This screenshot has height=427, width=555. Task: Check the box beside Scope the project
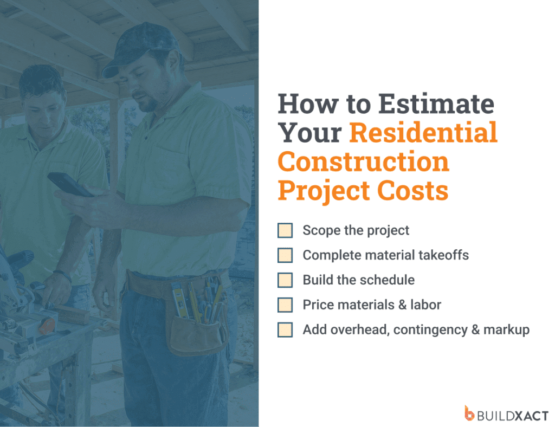click(285, 230)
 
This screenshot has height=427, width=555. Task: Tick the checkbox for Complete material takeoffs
click(285, 255)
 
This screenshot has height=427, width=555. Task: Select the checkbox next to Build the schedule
click(285, 280)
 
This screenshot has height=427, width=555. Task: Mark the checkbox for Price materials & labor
click(285, 305)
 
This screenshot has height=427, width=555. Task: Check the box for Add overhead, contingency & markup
click(285, 330)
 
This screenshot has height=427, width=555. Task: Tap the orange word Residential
click(423, 133)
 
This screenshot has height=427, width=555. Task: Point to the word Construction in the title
click(364, 162)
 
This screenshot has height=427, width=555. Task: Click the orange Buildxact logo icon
click(469, 413)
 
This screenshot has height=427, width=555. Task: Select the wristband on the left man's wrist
click(62, 276)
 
